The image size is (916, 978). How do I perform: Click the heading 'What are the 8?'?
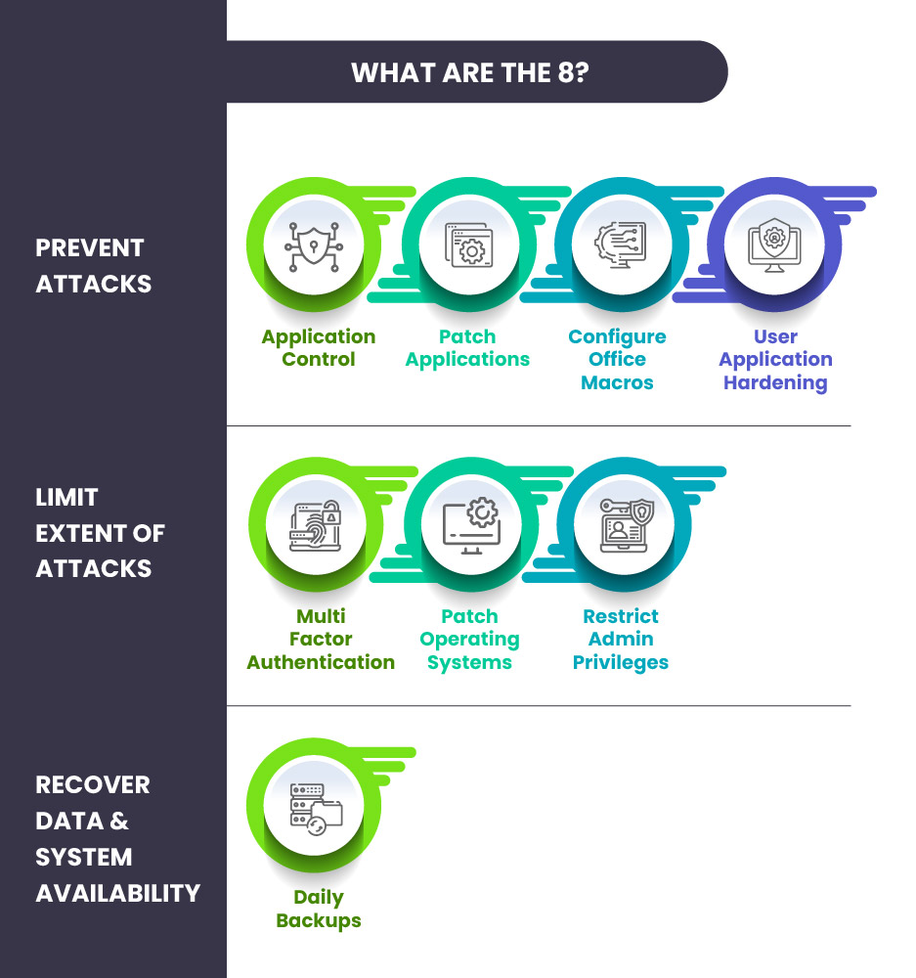pyautogui.click(x=469, y=73)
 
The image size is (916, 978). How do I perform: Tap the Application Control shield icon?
pyautogui.click(x=314, y=244)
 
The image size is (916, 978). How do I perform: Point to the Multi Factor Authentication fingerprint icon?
pyautogui.click(x=316, y=525)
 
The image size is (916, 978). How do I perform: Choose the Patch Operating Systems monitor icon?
pyautogui.click(x=470, y=525)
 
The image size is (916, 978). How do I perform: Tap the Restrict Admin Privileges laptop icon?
pyautogui.click(x=624, y=525)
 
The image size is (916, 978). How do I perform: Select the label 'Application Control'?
pyautogui.click(x=319, y=348)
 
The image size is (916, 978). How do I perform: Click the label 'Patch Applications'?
pyautogui.click(x=467, y=348)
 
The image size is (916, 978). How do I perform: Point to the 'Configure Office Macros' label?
pyautogui.click(x=617, y=359)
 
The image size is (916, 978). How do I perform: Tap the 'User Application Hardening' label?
pyautogui.click(x=775, y=359)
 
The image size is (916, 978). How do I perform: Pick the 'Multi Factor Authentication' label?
pyautogui.click(x=321, y=640)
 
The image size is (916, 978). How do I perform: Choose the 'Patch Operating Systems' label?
pyautogui.click(x=469, y=640)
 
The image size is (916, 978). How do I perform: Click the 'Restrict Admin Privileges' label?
pyautogui.click(x=621, y=640)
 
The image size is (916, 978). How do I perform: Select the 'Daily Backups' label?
pyautogui.click(x=319, y=909)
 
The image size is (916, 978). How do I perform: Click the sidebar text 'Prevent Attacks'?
pyautogui.click(x=94, y=266)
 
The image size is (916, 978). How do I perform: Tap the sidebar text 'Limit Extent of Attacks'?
pyautogui.click(x=100, y=533)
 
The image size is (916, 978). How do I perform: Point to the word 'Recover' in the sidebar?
pyautogui.click(x=93, y=785)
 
